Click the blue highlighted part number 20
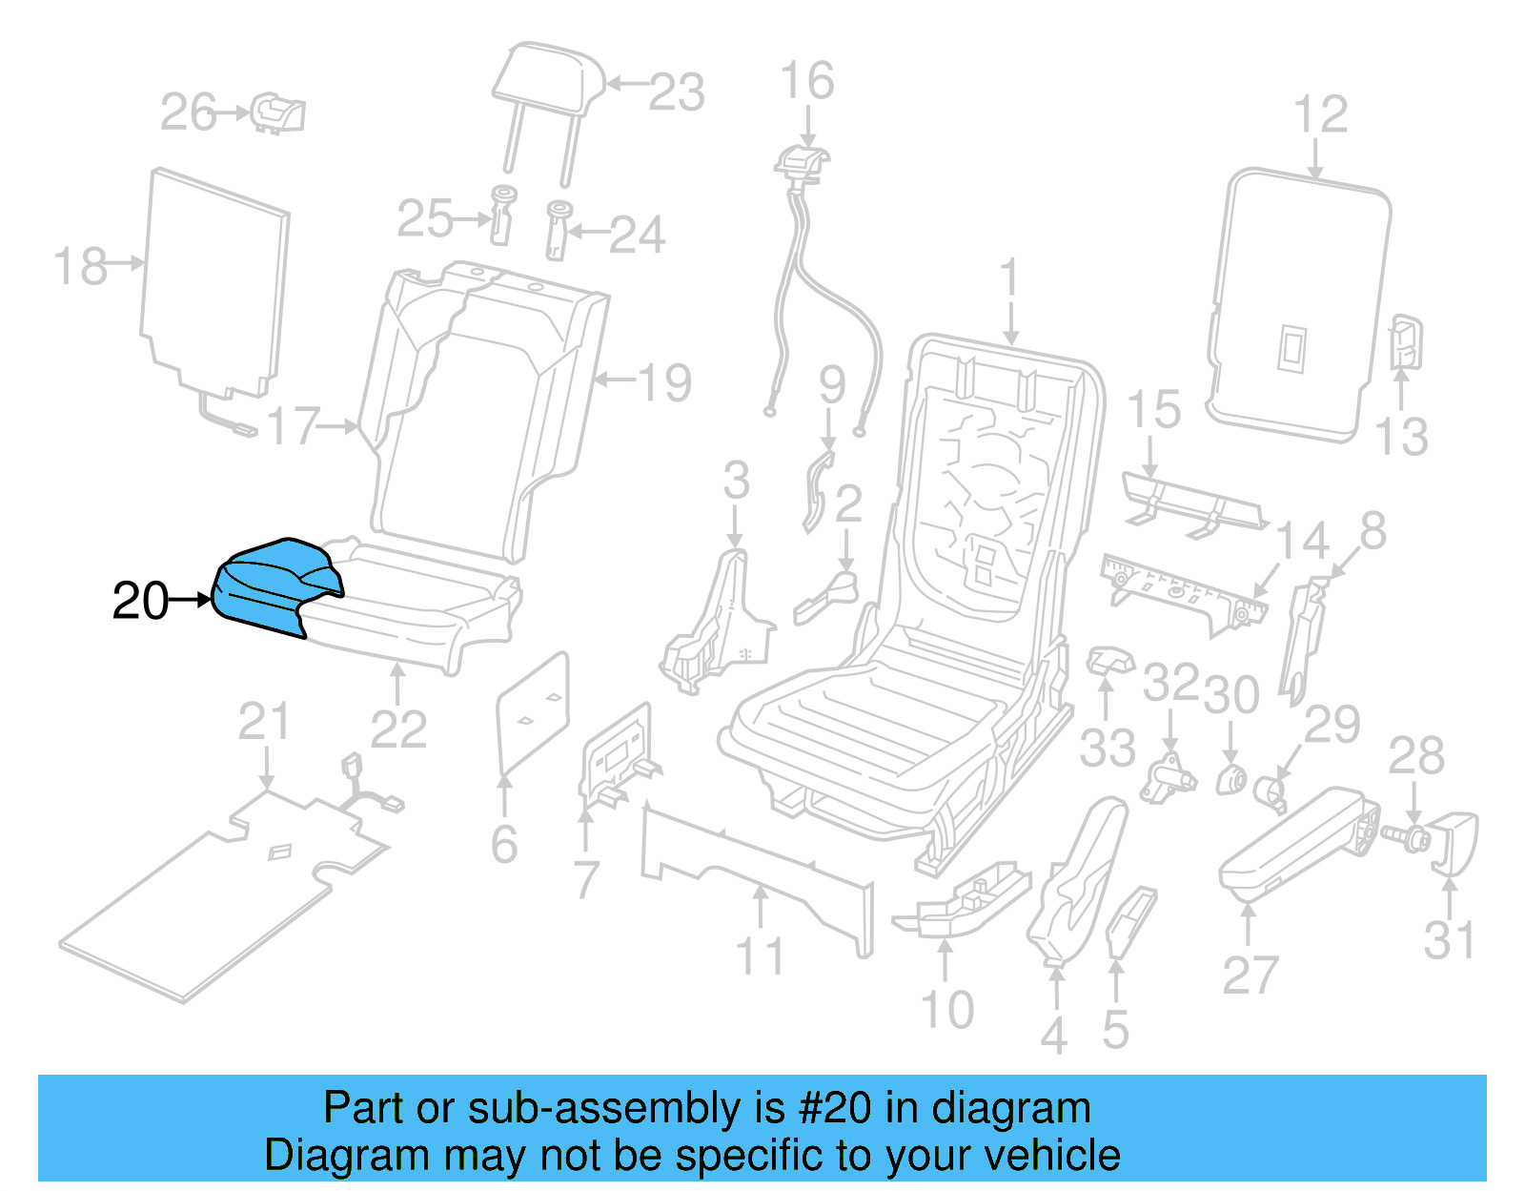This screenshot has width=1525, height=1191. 272,584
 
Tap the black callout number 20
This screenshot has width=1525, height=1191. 140,602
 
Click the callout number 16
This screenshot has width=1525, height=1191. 806,81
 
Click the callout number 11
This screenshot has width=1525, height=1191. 760,956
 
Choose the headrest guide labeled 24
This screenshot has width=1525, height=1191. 558,229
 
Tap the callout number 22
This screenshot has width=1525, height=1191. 397,730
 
